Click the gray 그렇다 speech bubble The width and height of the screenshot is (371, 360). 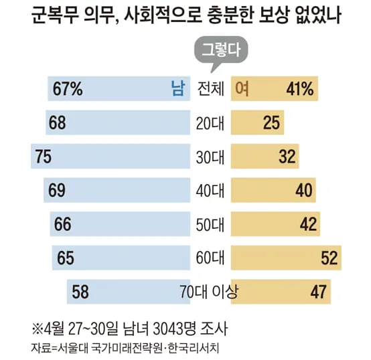221,50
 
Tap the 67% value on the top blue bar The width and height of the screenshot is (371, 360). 68,89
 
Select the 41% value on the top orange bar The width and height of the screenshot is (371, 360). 300,89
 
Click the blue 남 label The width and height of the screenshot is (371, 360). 177,88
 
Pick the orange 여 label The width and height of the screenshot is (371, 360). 242,88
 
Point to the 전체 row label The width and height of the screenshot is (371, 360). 210,89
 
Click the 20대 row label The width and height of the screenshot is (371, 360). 210,123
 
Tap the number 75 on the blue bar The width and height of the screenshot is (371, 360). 44,157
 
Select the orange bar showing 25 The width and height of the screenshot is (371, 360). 257,122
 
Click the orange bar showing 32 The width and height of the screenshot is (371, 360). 265,156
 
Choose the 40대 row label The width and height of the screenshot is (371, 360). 210,191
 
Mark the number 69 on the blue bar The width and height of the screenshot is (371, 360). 57,190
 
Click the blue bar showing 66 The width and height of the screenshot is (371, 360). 120,224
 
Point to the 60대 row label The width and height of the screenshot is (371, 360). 210,258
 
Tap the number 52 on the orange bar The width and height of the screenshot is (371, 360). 329,258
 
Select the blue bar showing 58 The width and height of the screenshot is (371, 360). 129,292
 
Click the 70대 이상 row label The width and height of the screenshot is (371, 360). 209,292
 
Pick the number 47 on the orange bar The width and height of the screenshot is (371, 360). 319,292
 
